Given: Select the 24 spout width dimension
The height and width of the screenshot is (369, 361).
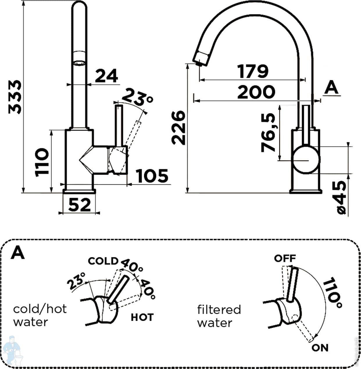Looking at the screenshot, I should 106,76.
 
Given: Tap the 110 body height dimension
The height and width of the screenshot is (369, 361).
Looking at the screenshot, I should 41,162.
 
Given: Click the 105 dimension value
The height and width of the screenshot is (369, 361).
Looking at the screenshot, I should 152,176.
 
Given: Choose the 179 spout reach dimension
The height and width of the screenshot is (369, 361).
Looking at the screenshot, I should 253,71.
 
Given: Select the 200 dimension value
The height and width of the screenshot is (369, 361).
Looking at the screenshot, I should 256,92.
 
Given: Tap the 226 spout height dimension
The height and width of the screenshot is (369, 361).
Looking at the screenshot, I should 178,127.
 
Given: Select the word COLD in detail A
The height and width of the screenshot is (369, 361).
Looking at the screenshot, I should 103,261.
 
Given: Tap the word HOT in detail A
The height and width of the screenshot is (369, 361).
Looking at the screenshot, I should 142,317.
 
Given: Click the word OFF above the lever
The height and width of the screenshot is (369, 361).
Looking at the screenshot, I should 285,258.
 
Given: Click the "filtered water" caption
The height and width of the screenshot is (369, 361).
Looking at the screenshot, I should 219,316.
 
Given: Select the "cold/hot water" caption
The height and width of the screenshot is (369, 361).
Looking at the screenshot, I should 40,315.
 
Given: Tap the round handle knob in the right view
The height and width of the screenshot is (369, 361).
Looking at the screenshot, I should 306,160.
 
